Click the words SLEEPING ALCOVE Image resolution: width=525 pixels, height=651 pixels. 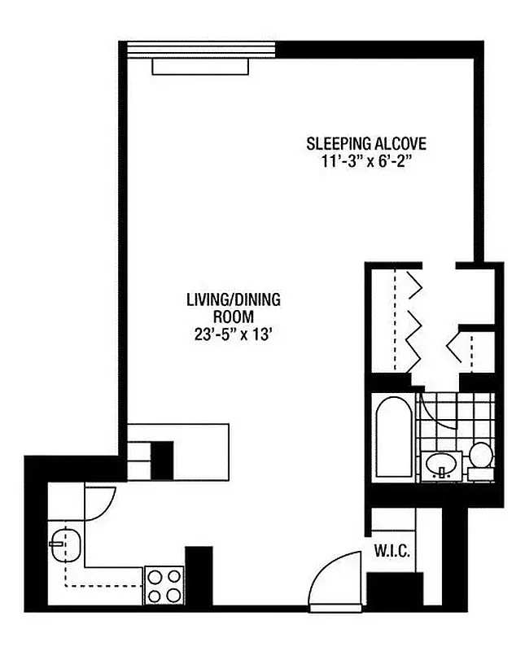[x=366, y=144]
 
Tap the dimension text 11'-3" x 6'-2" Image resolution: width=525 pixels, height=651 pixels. [x=366, y=161]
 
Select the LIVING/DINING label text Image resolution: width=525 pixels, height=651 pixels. [x=233, y=300]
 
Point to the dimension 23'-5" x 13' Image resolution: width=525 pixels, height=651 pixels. [x=233, y=333]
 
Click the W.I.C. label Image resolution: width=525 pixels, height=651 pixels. [x=392, y=550]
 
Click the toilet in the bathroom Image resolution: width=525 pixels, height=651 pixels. [x=480, y=458]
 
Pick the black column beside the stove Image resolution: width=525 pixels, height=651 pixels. [x=199, y=576]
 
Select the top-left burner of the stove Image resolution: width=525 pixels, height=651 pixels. [x=155, y=576]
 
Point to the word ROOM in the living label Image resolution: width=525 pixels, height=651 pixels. [x=233, y=317]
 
